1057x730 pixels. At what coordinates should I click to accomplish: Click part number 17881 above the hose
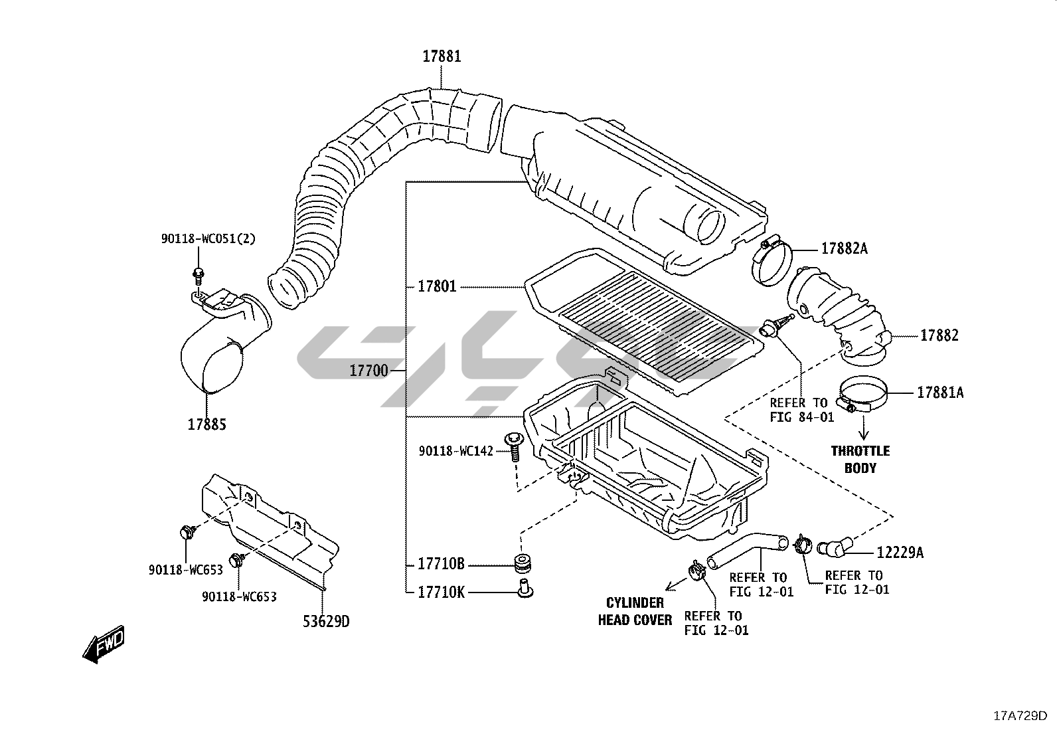[x=442, y=56]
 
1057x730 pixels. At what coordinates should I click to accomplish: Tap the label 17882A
[x=844, y=248]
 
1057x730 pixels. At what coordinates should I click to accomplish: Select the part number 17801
[x=437, y=287]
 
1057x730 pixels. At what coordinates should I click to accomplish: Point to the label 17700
[x=368, y=371]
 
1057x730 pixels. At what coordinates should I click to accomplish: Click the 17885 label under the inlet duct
[x=206, y=424]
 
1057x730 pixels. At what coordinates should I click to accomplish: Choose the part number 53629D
[x=326, y=622]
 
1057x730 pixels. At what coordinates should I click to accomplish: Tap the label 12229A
[x=900, y=552]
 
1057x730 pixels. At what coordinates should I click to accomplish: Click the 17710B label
[x=441, y=565]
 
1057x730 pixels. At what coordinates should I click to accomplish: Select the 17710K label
[x=441, y=591]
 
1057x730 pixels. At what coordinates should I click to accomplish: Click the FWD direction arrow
[x=104, y=644]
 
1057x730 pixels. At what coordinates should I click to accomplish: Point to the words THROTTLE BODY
[x=860, y=459]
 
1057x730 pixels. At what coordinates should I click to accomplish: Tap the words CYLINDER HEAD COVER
[x=635, y=611]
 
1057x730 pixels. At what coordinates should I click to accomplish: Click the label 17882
[x=939, y=335]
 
